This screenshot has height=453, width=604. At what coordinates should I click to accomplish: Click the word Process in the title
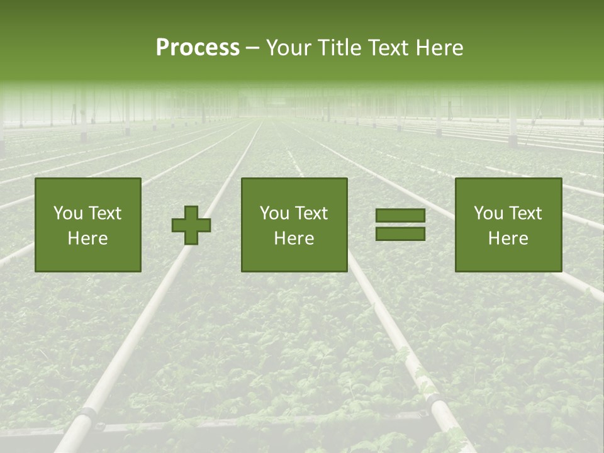click(198, 48)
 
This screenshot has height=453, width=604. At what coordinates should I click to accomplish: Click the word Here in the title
click(440, 48)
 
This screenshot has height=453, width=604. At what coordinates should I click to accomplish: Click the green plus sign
click(191, 225)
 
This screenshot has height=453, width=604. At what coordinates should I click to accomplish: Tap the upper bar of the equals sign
click(400, 216)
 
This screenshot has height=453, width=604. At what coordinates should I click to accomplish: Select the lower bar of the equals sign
click(400, 234)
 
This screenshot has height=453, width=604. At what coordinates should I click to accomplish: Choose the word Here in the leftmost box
click(87, 238)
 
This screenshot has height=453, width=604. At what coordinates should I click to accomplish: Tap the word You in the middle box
click(274, 213)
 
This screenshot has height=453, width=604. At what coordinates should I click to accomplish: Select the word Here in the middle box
click(294, 238)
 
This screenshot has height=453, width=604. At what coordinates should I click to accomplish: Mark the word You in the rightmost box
click(488, 213)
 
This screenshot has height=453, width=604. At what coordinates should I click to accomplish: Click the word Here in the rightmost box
click(508, 238)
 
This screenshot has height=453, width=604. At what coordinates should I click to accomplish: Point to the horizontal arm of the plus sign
click(179, 225)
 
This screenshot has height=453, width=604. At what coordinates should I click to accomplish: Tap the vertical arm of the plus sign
click(191, 211)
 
